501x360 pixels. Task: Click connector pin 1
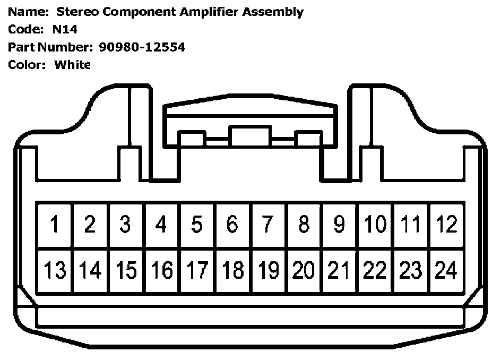coord(54,225)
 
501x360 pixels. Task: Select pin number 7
coord(268,225)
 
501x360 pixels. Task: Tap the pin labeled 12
coord(446,225)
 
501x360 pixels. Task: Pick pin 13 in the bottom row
coord(54,271)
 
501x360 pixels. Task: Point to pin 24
coord(446,271)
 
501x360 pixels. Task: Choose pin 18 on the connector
coord(232,271)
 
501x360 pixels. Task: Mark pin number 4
coord(161,225)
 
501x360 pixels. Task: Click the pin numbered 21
coord(339,271)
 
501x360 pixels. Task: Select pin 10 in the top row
coord(375,225)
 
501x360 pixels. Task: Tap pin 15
coord(125,271)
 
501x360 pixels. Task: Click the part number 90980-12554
coord(142,47)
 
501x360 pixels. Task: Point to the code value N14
coord(65,30)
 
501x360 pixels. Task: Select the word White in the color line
coord(73,65)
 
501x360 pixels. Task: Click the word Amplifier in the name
coord(208,12)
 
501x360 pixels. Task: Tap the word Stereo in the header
coord(74,12)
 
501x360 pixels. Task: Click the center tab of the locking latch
coord(249,136)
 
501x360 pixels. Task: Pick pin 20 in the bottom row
coord(304,271)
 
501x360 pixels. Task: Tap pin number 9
coord(339,225)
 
